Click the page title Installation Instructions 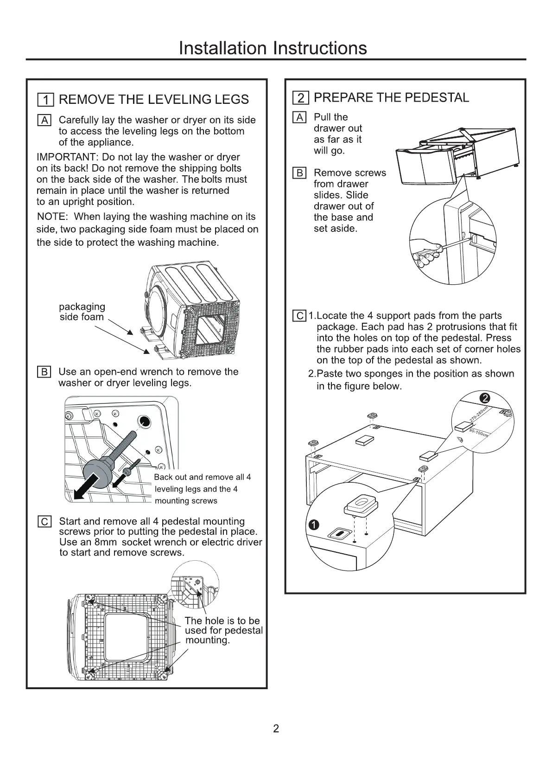point(273,48)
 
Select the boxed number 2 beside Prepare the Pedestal point(301,98)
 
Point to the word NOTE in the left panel point(52,217)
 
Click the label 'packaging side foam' point(82,312)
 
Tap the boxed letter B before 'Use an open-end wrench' point(44,372)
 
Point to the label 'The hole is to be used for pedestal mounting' point(223,630)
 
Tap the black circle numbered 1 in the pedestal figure point(314,525)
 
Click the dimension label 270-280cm point(478,413)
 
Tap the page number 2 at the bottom point(276,729)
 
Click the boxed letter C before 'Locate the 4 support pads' point(300,316)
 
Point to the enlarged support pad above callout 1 point(361,503)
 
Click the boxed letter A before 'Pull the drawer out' point(300,117)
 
